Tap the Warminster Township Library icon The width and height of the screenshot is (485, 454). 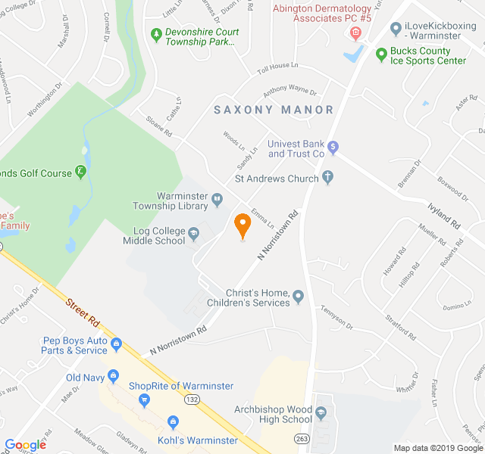click(x=217, y=200)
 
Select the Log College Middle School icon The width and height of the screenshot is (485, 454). click(x=194, y=233)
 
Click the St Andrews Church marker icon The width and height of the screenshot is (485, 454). click(x=327, y=178)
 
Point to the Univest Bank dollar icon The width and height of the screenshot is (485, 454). click(x=333, y=147)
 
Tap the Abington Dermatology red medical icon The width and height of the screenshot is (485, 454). click(x=355, y=33)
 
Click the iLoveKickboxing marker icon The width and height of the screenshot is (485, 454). click(x=395, y=29)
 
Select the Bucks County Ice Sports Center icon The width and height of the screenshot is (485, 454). click(x=381, y=54)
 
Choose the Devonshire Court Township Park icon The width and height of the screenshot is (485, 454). click(x=156, y=34)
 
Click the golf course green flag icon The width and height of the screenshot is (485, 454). click(x=81, y=172)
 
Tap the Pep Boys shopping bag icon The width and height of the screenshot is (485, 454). click(x=116, y=345)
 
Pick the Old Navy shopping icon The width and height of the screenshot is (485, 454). click(x=113, y=376)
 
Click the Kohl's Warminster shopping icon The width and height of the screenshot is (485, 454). click(x=173, y=420)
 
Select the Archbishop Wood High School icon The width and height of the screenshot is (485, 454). click(x=321, y=413)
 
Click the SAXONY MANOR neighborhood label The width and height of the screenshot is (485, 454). click(x=274, y=110)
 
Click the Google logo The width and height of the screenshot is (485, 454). click(x=26, y=445)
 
